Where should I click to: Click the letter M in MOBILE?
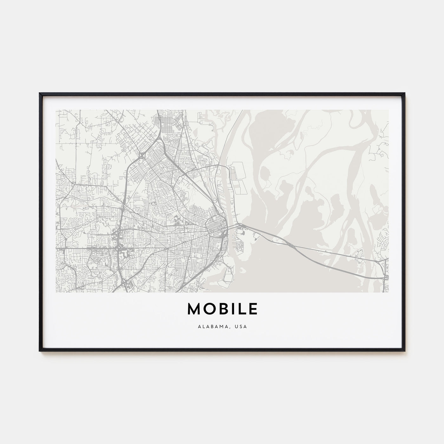point(195,309)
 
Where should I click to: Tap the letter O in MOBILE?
point(211,309)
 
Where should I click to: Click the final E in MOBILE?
point(253,309)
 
